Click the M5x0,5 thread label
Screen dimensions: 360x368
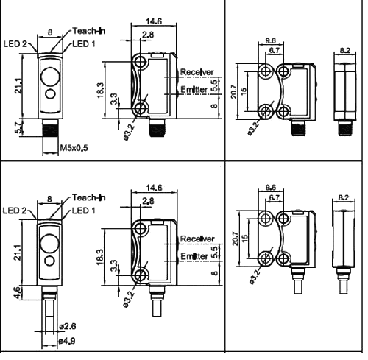point(74,148)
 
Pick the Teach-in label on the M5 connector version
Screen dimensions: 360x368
point(88,31)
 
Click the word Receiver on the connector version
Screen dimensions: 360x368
point(197,72)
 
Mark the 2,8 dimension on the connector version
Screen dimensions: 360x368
point(148,35)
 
